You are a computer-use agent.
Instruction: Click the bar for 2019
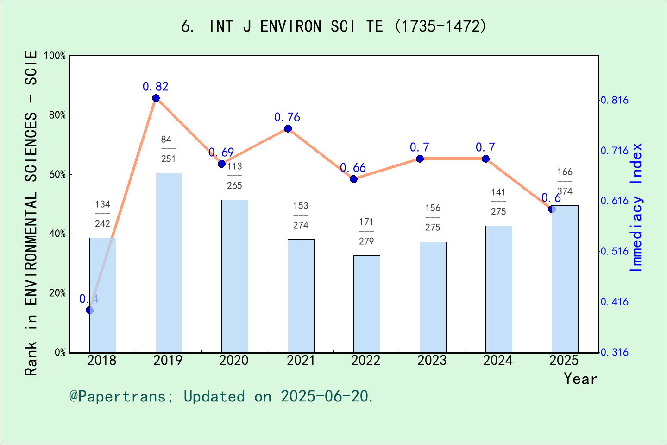coord(169,262)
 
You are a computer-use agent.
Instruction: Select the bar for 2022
coord(366,304)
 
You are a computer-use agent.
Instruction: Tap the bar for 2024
coord(498,289)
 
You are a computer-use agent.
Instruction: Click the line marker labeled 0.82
coord(156,98)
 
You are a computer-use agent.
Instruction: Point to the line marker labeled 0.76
coord(288,129)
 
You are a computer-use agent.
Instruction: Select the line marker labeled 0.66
coord(353,179)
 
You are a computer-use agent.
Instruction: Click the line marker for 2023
coord(420,159)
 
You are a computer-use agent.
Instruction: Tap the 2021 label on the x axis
coord(300,361)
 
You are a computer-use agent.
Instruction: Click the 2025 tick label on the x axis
coord(564,361)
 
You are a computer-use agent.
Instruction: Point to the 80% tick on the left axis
coord(57,115)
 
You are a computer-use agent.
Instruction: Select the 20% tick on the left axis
coord(57,293)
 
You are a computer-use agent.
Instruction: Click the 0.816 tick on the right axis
coord(615,100)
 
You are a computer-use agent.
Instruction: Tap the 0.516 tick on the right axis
coord(615,251)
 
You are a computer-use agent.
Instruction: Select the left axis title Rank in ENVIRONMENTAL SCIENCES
coord(31,213)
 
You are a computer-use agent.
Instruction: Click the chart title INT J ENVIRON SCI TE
coord(333,26)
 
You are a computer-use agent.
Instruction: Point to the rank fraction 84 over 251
coord(168,149)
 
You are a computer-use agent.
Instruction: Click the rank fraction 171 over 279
coord(366,231)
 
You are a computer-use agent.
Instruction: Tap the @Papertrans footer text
coord(221,396)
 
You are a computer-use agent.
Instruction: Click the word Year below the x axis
coord(580,379)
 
